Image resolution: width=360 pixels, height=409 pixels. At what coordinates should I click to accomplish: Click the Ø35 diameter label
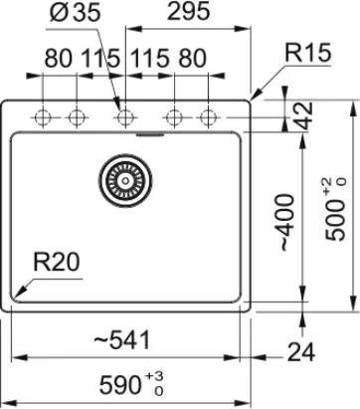[x=75, y=13]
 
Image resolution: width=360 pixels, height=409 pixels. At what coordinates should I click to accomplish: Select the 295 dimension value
[x=189, y=11]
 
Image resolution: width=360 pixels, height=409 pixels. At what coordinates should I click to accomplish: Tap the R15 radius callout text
[x=308, y=53]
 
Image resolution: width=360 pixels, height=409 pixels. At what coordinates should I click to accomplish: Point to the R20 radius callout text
[x=57, y=262]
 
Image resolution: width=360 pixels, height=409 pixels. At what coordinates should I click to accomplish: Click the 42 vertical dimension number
[x=303, y=115]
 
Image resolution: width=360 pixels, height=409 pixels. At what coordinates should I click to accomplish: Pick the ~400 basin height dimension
[x=287, y=223]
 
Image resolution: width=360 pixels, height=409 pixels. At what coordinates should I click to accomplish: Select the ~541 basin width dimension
[x=122, y=340]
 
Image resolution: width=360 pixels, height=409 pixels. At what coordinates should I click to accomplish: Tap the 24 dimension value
[x=301, y=352]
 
